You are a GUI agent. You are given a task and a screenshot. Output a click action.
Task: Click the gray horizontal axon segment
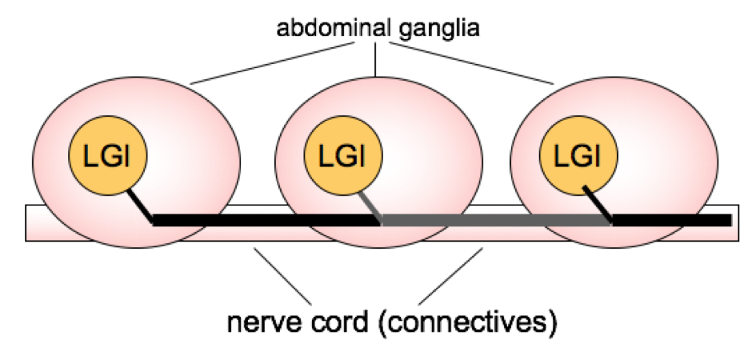(496, 220)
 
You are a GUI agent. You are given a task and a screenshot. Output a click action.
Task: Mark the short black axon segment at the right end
(672, 220)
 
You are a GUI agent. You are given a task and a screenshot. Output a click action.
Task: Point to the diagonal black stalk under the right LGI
(599, 203)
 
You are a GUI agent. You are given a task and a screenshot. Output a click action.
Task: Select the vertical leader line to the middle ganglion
(376, 60)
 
